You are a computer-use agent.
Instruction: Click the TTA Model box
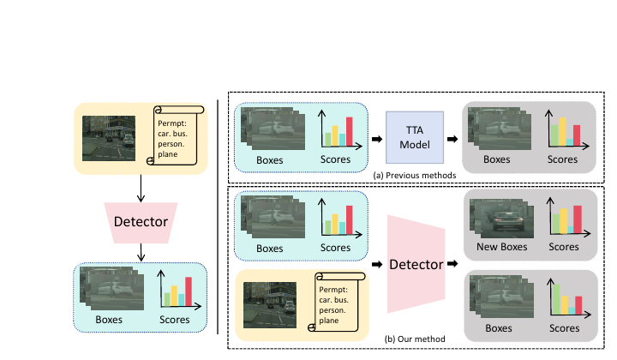[x=415, y=137]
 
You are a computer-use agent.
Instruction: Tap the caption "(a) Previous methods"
[x=415, y=176]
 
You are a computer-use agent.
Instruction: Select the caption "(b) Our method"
[x=415, y=339]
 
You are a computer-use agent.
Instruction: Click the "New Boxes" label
[x=501, y=247]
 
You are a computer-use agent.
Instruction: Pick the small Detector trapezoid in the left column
[x=141, y=223]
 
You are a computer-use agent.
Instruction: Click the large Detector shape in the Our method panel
[x=416, y=264]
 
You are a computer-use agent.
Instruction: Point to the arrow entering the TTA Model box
[x=377, y=139]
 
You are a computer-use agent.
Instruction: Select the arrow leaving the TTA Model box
[x=452, y=139]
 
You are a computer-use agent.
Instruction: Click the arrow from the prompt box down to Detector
[x=141, y=189]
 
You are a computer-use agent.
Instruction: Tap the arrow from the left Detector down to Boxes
[x=141, y=252]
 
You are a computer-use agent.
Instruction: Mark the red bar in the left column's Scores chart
[x=189, y=291]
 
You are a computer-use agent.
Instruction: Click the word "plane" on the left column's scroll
[x=168, y=154]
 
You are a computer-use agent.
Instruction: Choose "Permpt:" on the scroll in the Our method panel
[x=333, y=290]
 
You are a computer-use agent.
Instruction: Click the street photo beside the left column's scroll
[x=109, y=138]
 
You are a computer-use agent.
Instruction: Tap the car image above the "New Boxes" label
[x=501, y=218]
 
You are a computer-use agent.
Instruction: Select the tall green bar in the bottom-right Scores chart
[x=556, y=299]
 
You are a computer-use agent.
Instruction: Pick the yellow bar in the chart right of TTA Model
[x=562, y=132]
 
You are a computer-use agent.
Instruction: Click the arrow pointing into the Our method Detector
[x=377, y=264]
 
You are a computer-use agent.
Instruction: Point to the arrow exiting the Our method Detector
[x=452, y=264]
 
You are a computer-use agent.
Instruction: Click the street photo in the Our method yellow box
[x=270, y=305]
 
